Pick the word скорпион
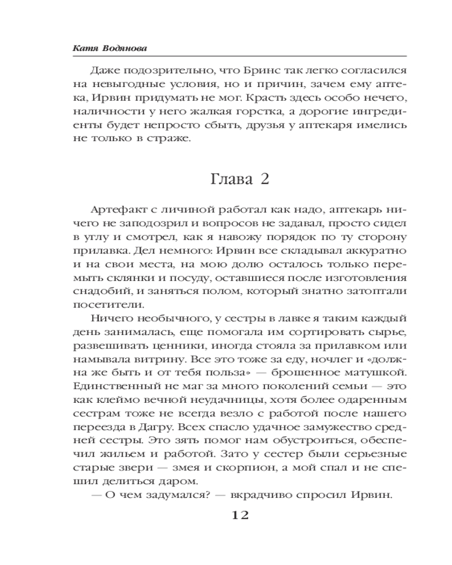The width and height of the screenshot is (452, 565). coord(254,467)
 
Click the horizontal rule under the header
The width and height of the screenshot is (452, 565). coord(237,56)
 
